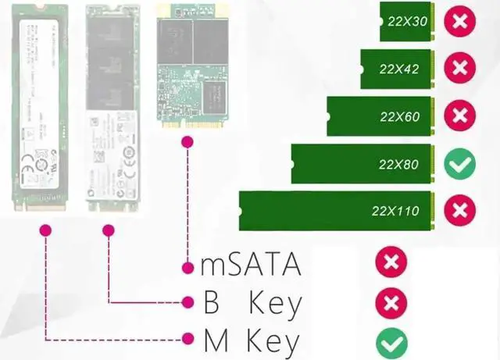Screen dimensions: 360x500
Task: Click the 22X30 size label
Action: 406,21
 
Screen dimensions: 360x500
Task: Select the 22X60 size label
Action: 400,117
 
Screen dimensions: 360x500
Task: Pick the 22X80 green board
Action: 362,165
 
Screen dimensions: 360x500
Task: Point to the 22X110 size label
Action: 395,211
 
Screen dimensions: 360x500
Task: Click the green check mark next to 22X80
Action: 460,164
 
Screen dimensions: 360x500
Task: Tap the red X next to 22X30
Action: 460,21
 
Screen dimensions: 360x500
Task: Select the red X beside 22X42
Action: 460,69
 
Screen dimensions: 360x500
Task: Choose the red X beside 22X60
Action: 460,116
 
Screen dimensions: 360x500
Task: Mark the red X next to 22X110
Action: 460,210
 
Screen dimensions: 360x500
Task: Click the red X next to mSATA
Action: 391,262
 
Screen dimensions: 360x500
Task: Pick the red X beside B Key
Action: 391,302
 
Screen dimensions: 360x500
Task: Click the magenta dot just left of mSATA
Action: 187,268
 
